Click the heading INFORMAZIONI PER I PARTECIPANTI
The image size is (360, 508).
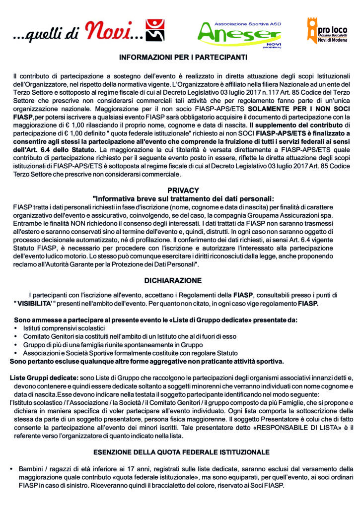pyautogui.click(x=183, y=58)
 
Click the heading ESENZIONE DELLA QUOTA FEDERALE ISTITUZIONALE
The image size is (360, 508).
pyautogui.click(x=181, y=452)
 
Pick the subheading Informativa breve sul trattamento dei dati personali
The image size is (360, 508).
pyautogui.click(x=183, y=198)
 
